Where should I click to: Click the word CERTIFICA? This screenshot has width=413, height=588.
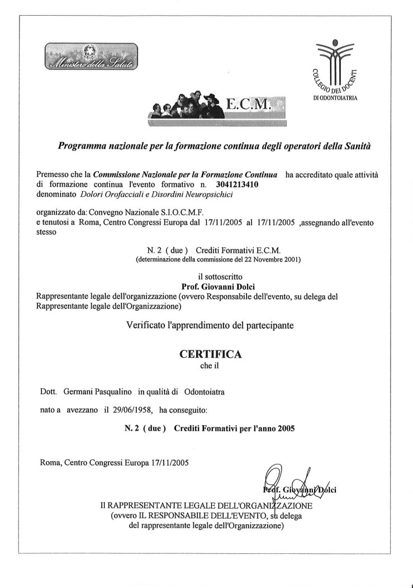point(210,354)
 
